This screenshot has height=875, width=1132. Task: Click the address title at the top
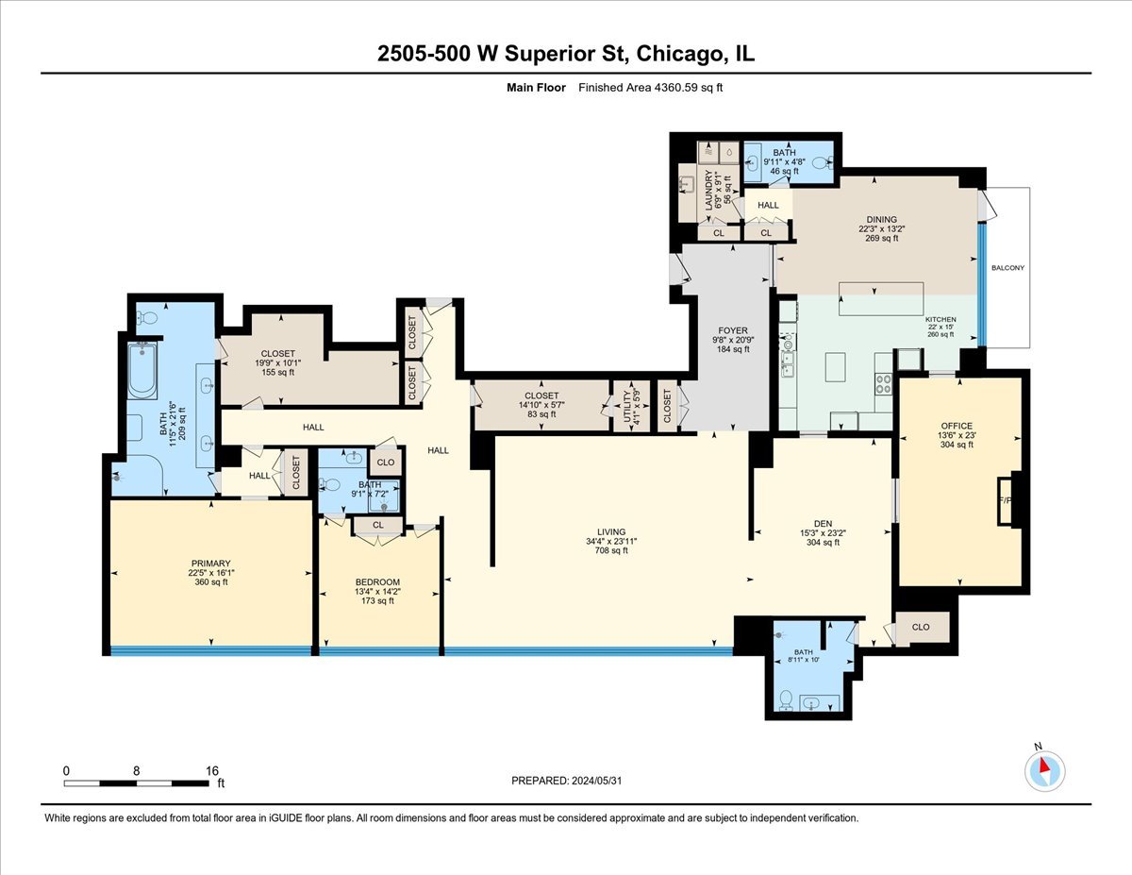(566, 55)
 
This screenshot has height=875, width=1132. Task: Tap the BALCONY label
(1007, 268)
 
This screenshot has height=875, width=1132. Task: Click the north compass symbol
(1044, 771)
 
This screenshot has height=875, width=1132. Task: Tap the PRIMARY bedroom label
(211, 564)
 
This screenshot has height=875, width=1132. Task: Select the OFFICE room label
(957, 427)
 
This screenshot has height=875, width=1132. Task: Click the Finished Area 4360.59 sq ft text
(650, 88)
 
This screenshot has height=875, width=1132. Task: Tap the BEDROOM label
(377, 581)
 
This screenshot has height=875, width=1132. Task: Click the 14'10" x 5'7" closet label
(541, 395)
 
